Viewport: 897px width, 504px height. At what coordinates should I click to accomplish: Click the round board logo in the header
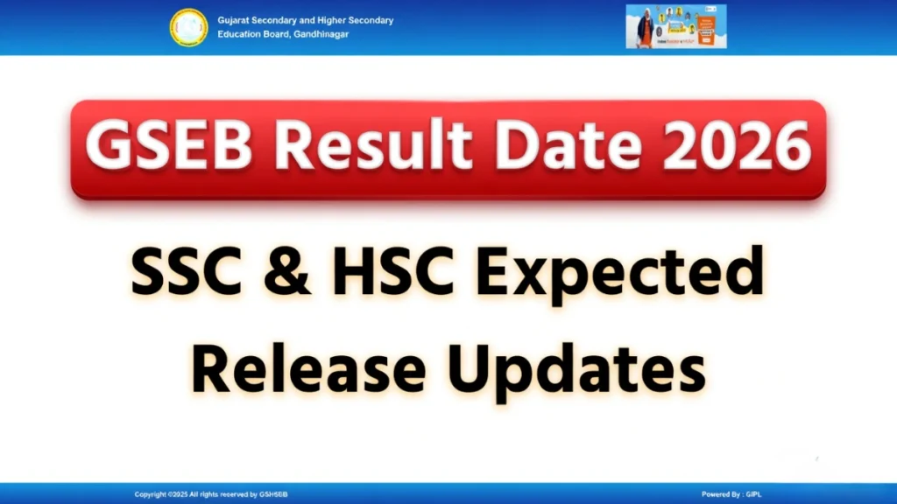(x=188, y=27)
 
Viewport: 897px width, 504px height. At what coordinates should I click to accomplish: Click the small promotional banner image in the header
(x=675, y=26)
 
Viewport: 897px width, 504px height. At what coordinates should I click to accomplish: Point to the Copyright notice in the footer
(x=210, y=494)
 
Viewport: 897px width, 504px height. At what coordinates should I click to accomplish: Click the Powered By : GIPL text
(x=732, y=494)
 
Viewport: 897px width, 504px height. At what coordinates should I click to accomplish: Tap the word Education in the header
(x=238, y=34)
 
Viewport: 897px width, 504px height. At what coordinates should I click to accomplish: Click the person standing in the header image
(x=646, y=29)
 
